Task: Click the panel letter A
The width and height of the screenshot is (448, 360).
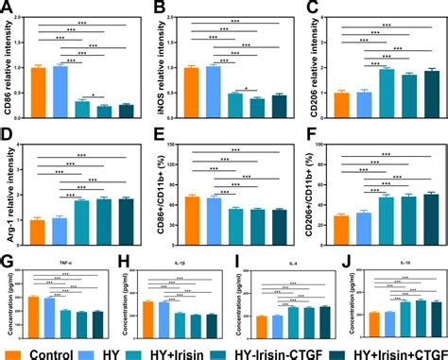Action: tap(7, 8)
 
